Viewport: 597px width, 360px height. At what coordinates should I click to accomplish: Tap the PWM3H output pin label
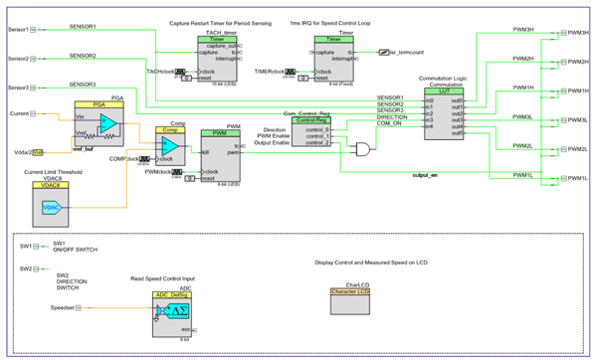tap(578, 33)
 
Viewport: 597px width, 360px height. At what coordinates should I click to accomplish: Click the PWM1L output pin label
tap(578, 178)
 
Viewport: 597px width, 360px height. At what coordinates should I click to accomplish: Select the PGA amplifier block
tap(97, 123)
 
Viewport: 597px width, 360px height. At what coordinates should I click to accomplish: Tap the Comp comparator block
tap(171, 146)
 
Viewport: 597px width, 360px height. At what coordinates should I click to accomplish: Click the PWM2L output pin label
tap(578, 149)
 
